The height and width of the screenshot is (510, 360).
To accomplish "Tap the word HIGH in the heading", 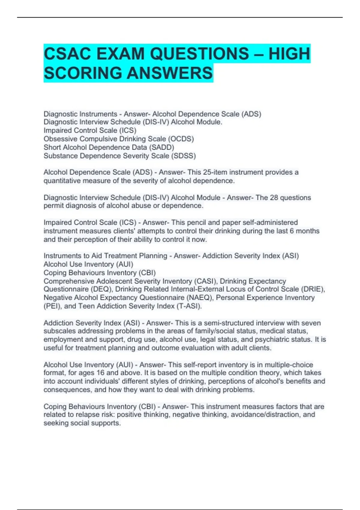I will [x=289, y=54].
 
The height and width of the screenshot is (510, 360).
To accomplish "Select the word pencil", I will [x=196, y=222].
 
